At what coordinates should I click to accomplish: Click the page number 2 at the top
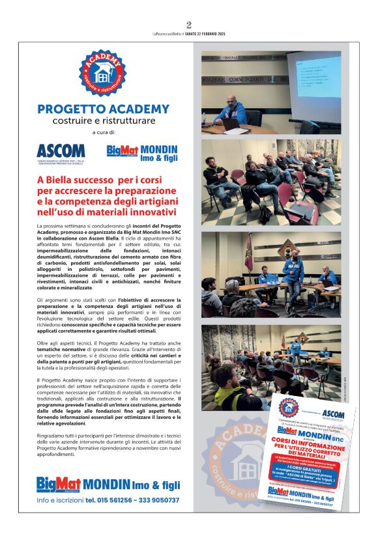pos(189,25)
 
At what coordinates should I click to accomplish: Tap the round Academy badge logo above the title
pos(103,75)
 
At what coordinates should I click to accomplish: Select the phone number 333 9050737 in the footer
pos(156,501)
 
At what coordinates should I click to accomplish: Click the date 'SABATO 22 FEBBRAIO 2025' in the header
pos(210,34)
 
